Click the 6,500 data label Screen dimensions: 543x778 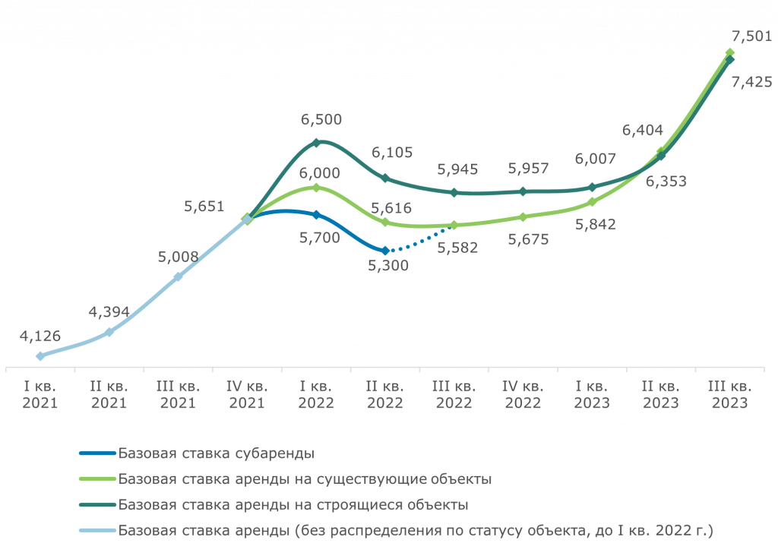click(321, 119)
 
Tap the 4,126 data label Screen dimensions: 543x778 click(40, 336)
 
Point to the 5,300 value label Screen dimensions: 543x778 click(387, 265)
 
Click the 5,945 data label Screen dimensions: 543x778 click(457, 171)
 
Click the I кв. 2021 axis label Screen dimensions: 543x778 click(40, 395)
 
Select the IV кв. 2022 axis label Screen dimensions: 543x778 click(523, 395)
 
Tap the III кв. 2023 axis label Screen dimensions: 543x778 click(729, 395)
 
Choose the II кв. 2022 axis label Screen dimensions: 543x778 click(385, 395)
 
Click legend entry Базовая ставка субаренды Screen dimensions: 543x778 click(216, 454)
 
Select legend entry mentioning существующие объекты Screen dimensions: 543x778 click(304, 479)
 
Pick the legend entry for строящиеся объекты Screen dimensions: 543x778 click(293, 504)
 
